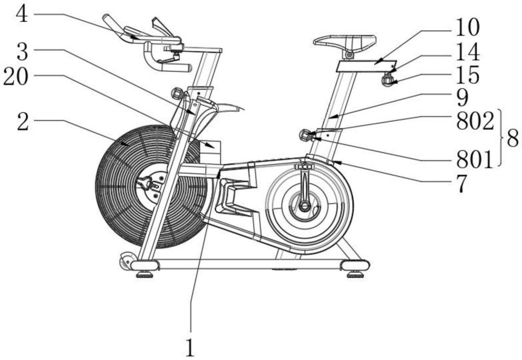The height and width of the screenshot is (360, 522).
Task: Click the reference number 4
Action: [x=21, y=14]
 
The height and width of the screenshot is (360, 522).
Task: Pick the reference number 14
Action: [x=467, y=52]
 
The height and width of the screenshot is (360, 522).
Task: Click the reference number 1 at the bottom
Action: [x=191, y=346]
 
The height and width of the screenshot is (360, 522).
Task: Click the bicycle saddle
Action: [x=345, y=41]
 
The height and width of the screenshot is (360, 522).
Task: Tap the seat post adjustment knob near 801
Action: [x=304, y=135]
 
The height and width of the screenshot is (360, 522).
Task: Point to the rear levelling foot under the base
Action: [x=355, y=273]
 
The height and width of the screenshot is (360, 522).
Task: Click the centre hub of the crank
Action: [x=304, y=206]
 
